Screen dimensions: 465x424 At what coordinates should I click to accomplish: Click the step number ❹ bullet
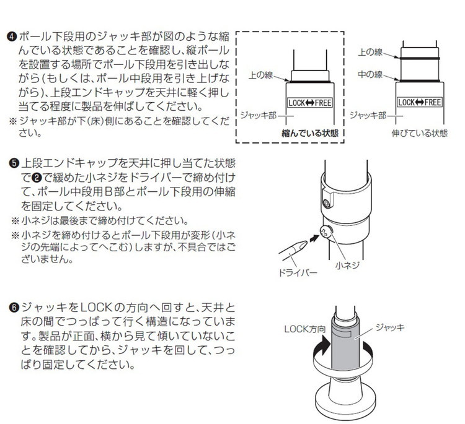point(12,37)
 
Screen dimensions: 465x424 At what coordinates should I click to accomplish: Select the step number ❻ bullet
point(14,308)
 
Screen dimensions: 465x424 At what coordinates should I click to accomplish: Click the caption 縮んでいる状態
point(309,133)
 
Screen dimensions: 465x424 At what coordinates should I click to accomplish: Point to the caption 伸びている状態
point(419,133)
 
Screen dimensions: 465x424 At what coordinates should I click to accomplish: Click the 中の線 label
point(370,74)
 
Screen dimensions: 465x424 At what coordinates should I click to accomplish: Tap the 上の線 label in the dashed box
point(260,75)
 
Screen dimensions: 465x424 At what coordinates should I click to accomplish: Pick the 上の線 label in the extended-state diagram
point(370,52)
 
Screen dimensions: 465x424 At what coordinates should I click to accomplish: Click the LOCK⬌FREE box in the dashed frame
point(310,103)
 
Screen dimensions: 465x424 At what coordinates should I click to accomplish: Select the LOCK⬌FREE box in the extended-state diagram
point(420,102)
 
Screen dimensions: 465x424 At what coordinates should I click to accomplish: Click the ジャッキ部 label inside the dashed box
point(258,115)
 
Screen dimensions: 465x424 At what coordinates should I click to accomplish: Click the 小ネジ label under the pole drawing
point(347,266)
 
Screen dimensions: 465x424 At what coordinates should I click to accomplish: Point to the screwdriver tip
point(306,243)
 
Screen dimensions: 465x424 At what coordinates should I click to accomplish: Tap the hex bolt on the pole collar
point(327,204)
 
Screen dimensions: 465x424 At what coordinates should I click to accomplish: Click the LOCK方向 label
point(305,329)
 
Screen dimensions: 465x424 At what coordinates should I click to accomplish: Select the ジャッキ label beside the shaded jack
point(390,327)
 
